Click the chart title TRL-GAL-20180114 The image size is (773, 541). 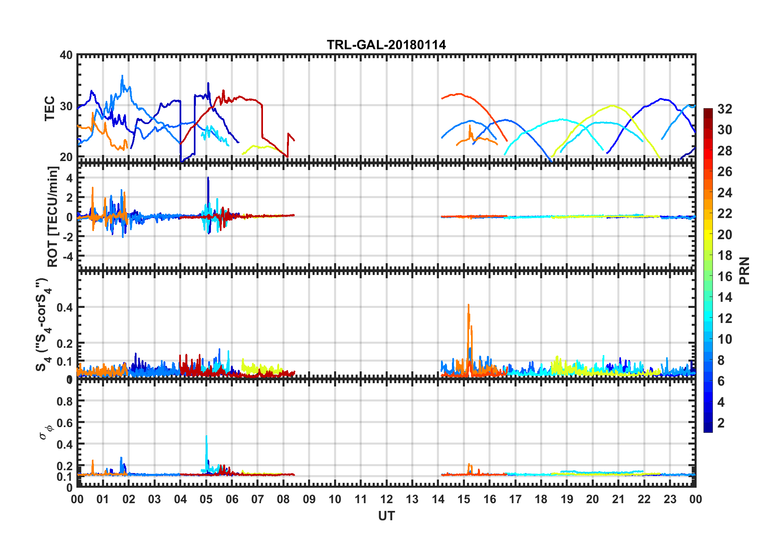(x=386, y=45)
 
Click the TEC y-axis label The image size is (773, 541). (x=50, y=108)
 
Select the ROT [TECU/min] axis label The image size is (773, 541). (x=53, y=216)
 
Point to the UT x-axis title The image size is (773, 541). (x=386, y=516)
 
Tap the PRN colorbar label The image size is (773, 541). (x=745, y=270)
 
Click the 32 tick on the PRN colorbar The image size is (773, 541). (x=725, y=109)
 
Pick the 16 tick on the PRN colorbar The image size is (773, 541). (x=725, y=277)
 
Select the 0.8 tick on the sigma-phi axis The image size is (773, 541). (x=65, y=401)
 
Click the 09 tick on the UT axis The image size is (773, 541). (x=309, y=499)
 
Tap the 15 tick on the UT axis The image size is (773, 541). (x=464, y=499)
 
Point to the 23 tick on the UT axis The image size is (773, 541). (x=670, y=499)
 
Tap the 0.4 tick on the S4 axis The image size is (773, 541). (x=65, y=308)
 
